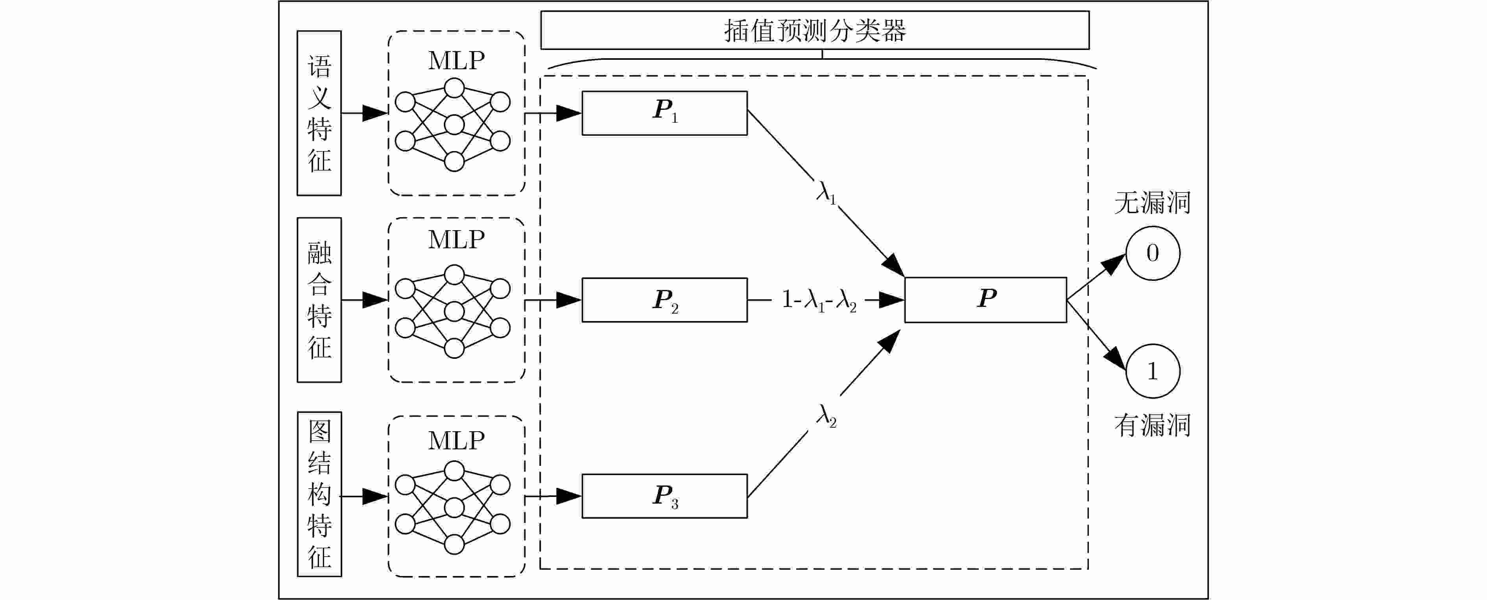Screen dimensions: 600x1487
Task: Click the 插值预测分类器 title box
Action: coord(814,30)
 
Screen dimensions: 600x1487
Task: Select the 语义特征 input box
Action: coord(319,113)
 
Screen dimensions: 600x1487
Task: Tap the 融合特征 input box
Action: coord(319,300)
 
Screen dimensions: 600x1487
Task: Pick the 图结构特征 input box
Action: coord(319,494)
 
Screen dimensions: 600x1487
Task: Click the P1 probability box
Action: coord(664,113)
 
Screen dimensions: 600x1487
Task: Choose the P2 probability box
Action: coord(664,300)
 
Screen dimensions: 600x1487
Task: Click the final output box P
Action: coord(985,300)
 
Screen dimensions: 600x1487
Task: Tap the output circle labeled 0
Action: coord(1152,253)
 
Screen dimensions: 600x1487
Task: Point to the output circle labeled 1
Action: coord(1152,371)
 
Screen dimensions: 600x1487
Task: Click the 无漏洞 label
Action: coord(1152,203)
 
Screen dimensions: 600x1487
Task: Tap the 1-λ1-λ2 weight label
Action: coord(819,300)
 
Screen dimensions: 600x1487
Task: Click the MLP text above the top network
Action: coord(456,61)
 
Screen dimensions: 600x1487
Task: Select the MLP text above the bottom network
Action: coord(456,441)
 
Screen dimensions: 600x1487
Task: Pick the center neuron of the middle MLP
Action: coord(454,312)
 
